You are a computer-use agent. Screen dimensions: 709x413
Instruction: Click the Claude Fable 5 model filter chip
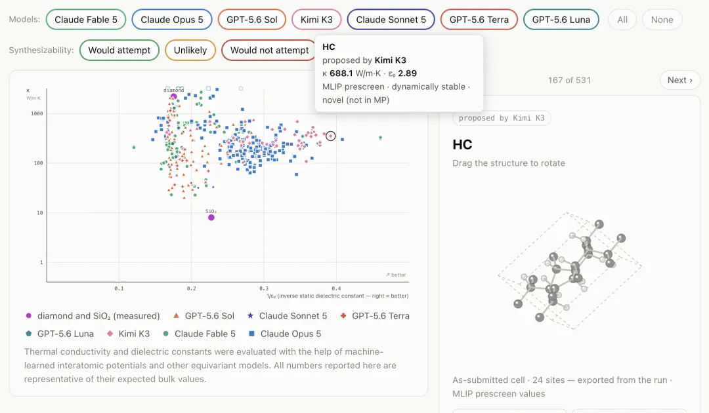(x=86, y=20)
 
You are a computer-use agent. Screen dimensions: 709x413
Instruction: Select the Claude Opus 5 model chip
(x=172, y=20)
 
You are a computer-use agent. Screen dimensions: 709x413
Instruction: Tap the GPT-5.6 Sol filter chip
(x=252, y=20)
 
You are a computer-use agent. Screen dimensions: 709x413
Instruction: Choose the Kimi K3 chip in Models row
(x=316, y=20)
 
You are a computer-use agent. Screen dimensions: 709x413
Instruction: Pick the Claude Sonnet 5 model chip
(x=391, y=20)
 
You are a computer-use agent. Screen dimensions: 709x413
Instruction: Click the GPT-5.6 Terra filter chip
(x=479, y=20)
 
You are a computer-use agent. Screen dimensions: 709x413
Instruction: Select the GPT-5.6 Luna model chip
(x=561, y=20)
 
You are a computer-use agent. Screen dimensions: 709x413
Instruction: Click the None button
(x=662, y=20)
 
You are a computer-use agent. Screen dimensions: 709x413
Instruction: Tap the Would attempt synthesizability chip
(x=119, y=50)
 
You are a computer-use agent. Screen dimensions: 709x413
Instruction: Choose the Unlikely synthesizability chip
(x=190, y=50)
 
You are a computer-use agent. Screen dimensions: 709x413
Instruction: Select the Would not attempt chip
(x=270, y=50)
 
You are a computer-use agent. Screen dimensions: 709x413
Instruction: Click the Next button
(x=679, y=80)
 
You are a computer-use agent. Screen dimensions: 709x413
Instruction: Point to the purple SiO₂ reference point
(x=211, y=218)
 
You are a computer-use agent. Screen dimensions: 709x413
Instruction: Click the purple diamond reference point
(x=173, y=96)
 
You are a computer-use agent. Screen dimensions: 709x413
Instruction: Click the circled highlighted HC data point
(x=330, y=136)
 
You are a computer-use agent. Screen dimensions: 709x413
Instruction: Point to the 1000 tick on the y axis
(x=37, y=114)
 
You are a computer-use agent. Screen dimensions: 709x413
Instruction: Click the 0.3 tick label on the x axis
(x=264, y=288)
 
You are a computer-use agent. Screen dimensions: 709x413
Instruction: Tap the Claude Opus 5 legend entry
(x=285, y=334)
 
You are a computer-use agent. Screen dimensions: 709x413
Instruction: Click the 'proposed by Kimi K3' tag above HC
(x=502, y=118)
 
